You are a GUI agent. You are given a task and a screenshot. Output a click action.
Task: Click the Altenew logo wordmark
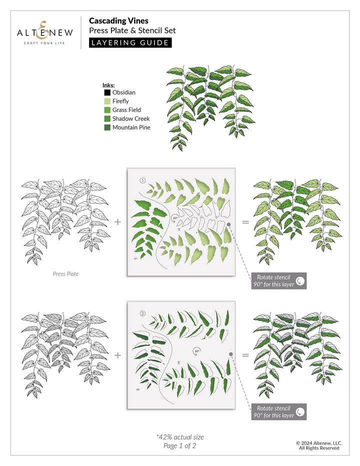(x=44, y=32)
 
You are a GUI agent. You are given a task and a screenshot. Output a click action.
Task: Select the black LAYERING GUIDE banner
(x=130, y=42)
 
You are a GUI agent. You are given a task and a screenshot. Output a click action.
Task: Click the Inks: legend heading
(x=108, y=85)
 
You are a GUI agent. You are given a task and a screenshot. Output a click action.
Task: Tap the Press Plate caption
(x=65, y=274)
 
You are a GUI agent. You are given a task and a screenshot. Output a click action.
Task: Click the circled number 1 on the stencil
(x=142, y=179)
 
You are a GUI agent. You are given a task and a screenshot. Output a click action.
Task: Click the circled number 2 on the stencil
(x=142, y=313)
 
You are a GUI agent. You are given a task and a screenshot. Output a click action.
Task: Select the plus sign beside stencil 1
(x=117, y=221)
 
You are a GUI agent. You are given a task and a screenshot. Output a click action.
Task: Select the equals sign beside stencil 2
(x=245, y=355)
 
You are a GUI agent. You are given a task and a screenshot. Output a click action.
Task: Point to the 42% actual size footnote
(x=180, y=437)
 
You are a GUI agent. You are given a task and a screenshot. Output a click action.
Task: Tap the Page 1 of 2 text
(x=180, y=446)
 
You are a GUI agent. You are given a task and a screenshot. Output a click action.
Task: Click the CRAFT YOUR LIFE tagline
(x=44, y=43)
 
